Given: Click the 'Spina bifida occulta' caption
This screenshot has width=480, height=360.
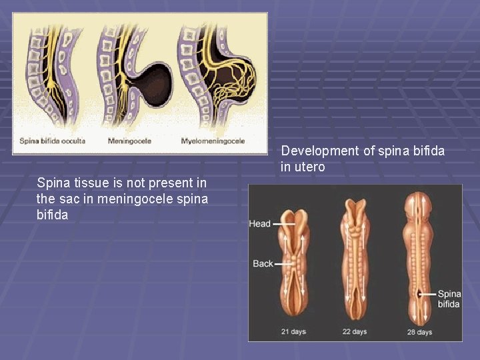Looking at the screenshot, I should coord(52,141).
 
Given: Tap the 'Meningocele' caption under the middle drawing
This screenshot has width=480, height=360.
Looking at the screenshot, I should coord(129,141).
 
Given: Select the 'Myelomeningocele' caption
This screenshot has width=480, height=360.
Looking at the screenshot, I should coord(213,141).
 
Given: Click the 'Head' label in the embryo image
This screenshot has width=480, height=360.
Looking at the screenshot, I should coord(259,224).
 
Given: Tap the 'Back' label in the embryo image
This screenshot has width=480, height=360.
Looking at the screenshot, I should coord(263,264).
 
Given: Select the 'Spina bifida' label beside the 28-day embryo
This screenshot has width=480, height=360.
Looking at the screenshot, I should coord(449,299).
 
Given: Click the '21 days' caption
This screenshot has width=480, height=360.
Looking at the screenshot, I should coord(294,331).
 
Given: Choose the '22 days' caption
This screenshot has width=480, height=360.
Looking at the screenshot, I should coord(355,331).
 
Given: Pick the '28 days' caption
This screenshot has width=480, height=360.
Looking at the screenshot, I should coord(419,331).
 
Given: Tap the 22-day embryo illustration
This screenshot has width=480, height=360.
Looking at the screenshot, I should coord(355,260).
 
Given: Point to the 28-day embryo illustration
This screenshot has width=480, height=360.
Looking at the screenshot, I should coord(419,260).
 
